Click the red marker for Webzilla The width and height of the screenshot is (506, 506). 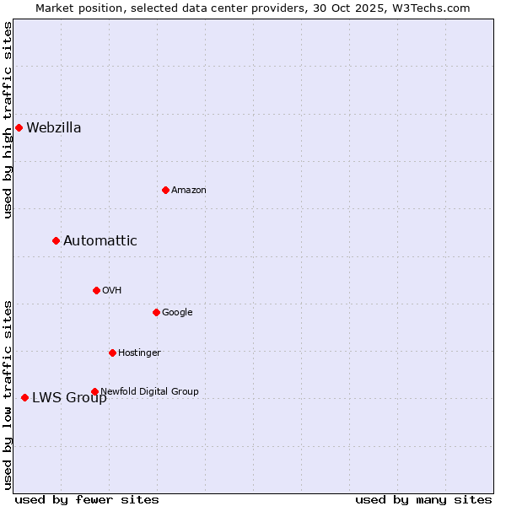(x=19, y=128)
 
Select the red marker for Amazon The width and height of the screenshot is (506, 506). (x=165, y=190)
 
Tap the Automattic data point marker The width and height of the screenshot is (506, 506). (x=56, y=241)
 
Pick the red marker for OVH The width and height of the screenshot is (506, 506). (x=96, y=290)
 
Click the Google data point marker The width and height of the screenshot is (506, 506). (x=156, y=312)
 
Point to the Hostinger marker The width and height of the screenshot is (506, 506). (x=112, y=353)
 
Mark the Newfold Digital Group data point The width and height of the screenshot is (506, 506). (x=94, y=391)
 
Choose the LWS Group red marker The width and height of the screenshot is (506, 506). (x=24, y=397)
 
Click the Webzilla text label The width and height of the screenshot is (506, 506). (x=54, y=128)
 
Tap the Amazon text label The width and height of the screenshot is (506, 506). (x=189, y=190)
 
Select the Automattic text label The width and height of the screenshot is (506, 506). (x=100, y=241)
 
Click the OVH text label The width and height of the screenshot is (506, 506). (x=112, y=290)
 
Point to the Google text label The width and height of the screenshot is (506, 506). (x=177, y=312)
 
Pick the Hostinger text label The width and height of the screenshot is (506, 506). (x=139, y=353)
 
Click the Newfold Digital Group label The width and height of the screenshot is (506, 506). (x=150, y=391)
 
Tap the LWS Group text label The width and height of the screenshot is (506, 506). (x=69, y=398)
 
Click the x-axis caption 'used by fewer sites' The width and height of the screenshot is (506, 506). (x=87, y=500)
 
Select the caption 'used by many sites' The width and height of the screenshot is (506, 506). (x=423, y=500)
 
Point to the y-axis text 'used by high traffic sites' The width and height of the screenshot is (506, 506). (x=8, y=120)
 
